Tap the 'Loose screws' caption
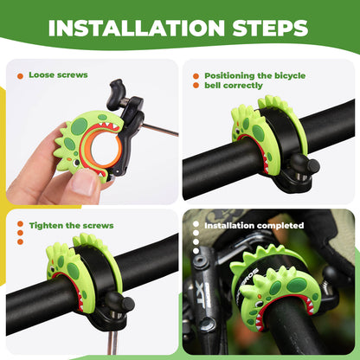point(58,75)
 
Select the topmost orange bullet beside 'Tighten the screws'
point(19,226)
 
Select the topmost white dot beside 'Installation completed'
point(196,224)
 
